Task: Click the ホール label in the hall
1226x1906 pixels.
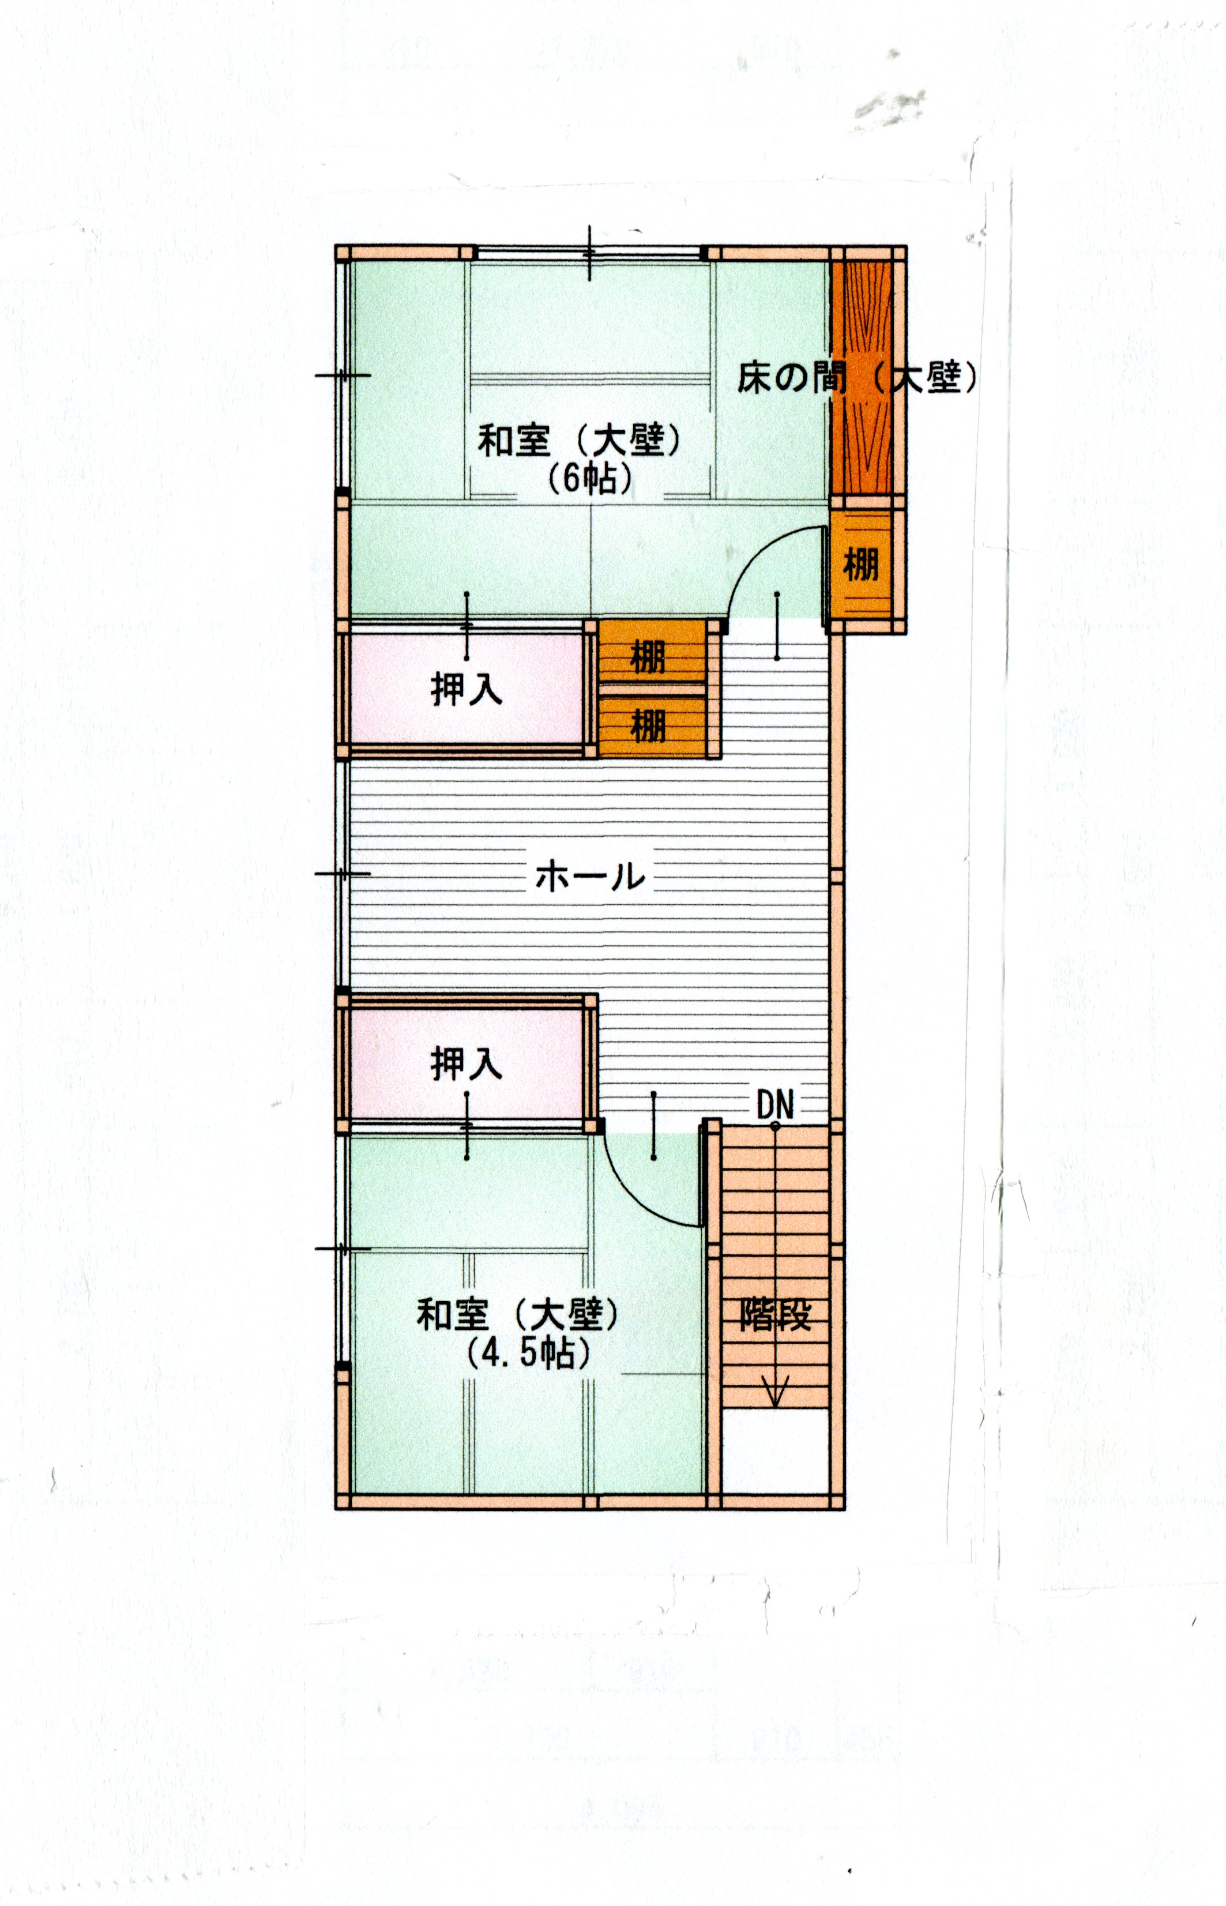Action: click(x=590, y=876)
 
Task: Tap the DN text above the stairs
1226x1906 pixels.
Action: click(x=776, y=1104)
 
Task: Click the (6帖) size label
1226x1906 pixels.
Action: click(x=590, y=479)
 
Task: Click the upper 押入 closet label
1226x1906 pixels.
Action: click(x=467, y=689)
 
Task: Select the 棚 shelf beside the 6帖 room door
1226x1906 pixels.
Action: click(x=860, y=565)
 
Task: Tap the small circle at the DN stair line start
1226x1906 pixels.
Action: click(x=776, y=1126)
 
